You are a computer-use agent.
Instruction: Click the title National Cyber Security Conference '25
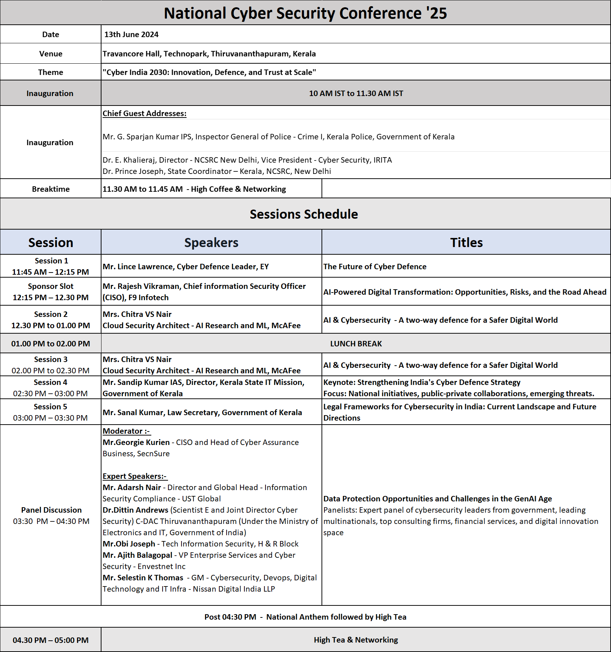coord(305,13)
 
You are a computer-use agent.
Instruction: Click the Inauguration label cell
coord(50,94)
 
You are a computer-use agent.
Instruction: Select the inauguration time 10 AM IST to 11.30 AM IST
coord(356,94)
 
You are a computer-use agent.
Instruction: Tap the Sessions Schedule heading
coord(304,214)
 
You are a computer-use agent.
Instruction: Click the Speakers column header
coord(211,243)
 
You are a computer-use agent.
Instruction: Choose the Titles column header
coord(466,243)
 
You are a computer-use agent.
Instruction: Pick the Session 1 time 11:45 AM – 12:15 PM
coord(51,272)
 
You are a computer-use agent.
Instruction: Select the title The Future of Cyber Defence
coord(375,267)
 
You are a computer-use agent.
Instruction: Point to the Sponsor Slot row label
coord(51,286)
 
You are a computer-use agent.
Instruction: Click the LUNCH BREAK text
coord(356,344)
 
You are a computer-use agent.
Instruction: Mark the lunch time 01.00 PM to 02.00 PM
coord(51,344)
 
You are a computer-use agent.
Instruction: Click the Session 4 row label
coord(51,382)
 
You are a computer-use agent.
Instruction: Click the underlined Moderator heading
coord(126,431)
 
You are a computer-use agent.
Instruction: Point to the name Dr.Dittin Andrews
coord(135,510)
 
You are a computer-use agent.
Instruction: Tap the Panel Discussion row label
coord(51,510)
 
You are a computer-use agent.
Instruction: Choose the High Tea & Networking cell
coord(356,640)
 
